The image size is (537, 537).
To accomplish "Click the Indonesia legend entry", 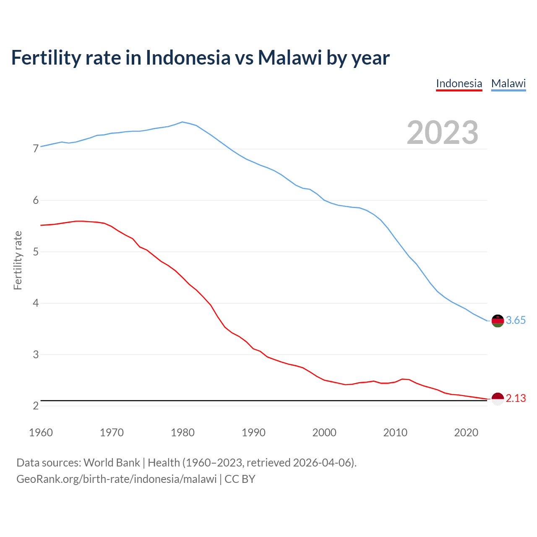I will click(x=459, y=83).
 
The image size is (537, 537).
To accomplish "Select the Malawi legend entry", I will click(x=508, y=83).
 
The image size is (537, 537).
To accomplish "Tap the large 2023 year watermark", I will click(x=442, y=133).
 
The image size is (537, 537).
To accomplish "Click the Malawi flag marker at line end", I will click(x=498, y=321).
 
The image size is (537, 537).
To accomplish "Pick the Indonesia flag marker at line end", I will click(x=498, y=399).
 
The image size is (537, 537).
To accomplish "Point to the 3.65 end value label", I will click(x=516, y=321).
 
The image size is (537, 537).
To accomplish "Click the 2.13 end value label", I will click(x=516, y=399).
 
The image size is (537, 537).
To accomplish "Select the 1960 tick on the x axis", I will click(x=41, y=433).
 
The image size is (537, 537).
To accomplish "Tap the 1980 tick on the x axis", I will click(x=182, y=433).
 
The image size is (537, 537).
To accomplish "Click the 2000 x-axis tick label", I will click(x=324, y=433).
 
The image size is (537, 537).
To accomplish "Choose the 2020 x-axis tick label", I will click(x=466, y=433).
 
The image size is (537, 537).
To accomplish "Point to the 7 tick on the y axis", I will click(x=36, y=149).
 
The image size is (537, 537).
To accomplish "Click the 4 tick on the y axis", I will click(x=36, y=303).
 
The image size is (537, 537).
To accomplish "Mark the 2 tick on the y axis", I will click(x=36, y=406).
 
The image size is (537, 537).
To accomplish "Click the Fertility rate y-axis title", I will click(x=18, y=260).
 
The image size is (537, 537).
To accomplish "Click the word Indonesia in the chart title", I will click(x=188, y=58).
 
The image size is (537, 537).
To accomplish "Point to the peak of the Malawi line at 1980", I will click(x=182, y=122).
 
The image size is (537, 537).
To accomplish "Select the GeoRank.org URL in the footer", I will click(x=116, y=479).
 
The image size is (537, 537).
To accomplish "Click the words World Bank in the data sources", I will click(x=112, y=463).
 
